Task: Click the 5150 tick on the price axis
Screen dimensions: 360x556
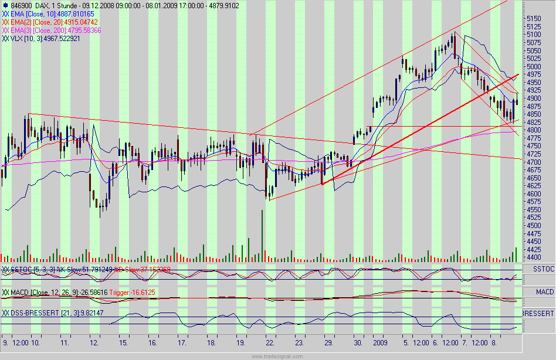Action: pyautogui.click(x=533, y=18)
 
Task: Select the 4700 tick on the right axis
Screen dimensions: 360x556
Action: pyautogui.click(x=533, y=162)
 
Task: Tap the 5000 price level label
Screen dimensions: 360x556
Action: pyautogui.click(x=533, y=66)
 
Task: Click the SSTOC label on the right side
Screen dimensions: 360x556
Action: pyautogui.click(x=543, y=269)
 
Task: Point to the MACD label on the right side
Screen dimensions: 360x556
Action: pyautogui.click(x=543, y=291)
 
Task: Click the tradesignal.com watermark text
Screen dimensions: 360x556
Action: pyautogui.click(x=277, y=356)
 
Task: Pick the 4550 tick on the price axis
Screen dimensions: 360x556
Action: pyautogui.click(x=533, y=209)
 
